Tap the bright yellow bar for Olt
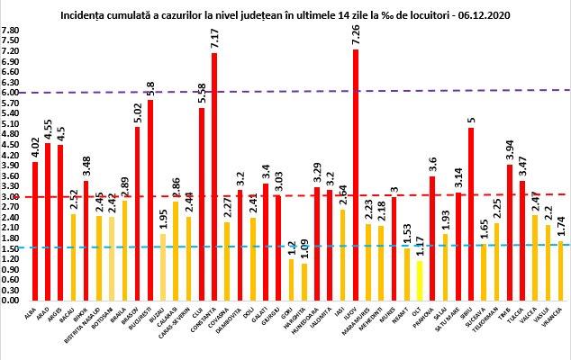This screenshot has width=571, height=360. click(420, 280)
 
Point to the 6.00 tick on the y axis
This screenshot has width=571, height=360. click(12, 92)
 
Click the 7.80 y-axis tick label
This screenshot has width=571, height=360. click(12, 30)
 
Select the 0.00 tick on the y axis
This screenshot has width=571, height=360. click(12, 301)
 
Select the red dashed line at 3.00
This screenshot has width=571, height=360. click(270, 195)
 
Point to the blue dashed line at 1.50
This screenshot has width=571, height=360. click(270, 247)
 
